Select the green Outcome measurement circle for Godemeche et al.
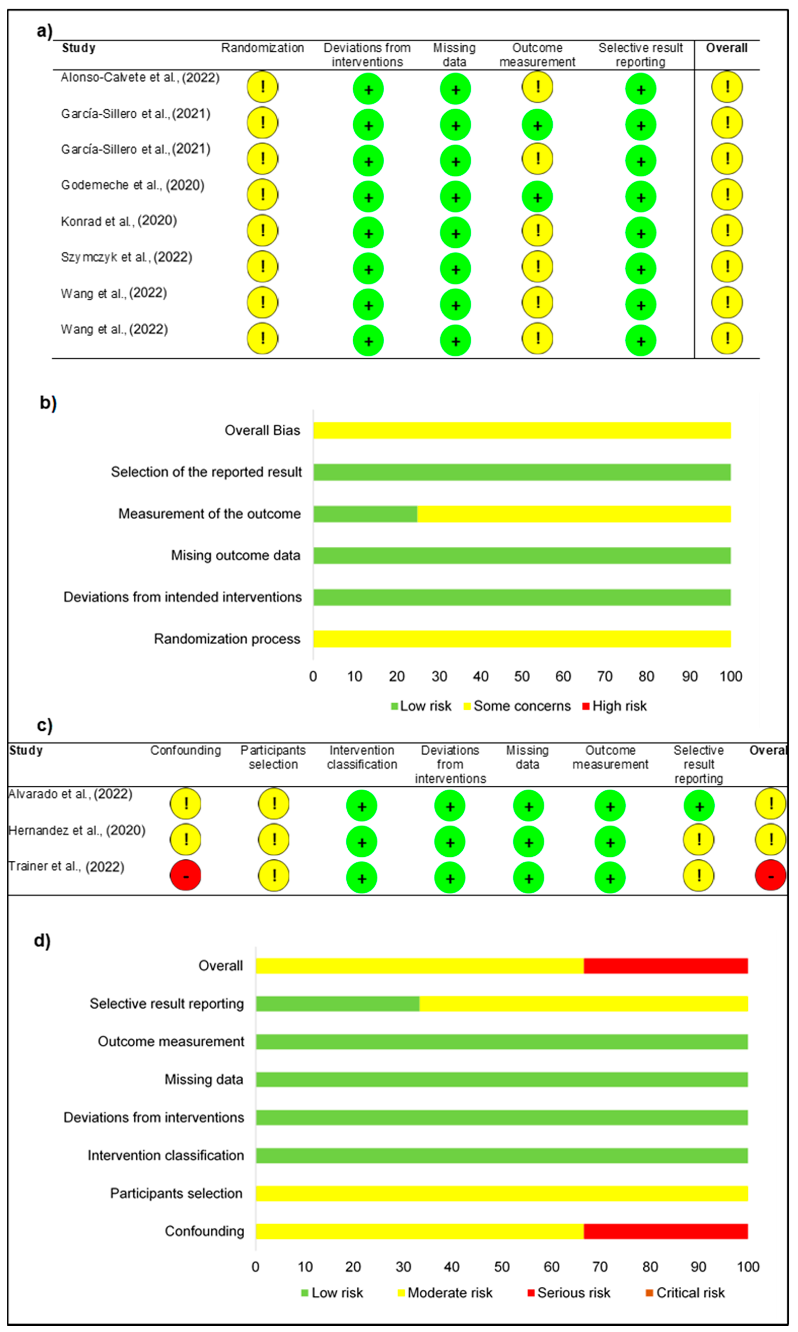click(x=537, y=197)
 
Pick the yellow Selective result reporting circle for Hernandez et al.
click(x=699, y=840)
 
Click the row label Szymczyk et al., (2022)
click(x=126, y=257)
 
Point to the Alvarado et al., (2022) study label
click(x=70, y=794)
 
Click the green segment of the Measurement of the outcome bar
click(x=365, y=514)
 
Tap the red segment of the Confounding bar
click(x=666, y=1231)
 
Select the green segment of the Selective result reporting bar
click(x=338, y=1004)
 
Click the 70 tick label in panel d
click(x=600, y=1267)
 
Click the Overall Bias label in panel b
click(x=262, y=431)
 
